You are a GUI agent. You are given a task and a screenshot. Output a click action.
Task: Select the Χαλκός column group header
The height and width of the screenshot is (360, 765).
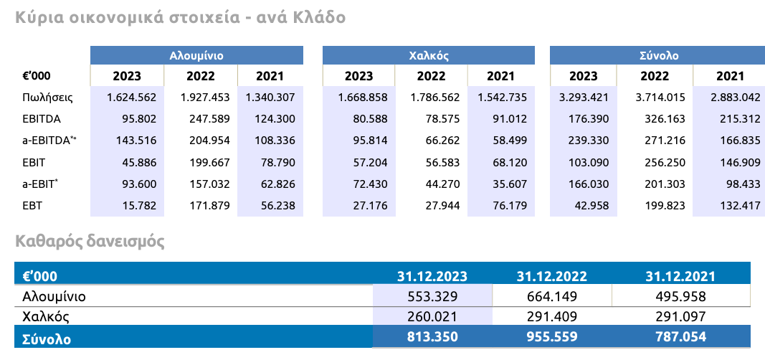(428, 55)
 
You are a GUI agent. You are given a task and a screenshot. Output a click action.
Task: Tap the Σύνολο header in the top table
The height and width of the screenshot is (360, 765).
(658, 55)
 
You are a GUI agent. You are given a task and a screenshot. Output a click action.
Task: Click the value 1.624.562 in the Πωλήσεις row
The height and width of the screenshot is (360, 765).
(132, 97)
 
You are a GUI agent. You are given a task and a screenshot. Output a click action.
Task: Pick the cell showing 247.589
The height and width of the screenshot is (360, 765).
(206, 119)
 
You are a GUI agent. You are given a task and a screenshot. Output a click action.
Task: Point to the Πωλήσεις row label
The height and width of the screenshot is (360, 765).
(47, 97)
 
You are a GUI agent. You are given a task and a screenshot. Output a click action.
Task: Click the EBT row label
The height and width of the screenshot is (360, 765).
(33, 206)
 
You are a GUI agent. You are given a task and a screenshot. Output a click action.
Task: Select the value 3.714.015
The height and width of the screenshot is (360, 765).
(660, 97)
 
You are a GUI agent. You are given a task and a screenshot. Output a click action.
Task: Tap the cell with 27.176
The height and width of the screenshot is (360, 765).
(366, 206)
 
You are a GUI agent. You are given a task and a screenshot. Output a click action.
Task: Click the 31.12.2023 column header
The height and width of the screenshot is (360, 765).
(432, 276)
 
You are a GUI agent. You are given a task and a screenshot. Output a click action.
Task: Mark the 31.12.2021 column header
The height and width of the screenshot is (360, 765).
(680, 276)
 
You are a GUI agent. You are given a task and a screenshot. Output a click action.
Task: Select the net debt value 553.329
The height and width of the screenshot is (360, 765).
(432, 296)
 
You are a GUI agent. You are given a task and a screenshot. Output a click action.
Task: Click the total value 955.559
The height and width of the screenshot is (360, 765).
(551, 336)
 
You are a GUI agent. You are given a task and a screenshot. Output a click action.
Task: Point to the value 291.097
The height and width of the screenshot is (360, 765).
(680, 316)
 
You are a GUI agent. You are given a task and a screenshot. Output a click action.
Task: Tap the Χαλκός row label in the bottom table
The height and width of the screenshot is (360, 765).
(45, 316)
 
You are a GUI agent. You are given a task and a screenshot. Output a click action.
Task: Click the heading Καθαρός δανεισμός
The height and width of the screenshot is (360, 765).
(90, 242)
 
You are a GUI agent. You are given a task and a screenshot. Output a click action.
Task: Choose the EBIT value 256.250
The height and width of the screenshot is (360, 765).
(660, 163)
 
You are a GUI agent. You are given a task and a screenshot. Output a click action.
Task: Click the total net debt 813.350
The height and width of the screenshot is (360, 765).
(432, 336)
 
